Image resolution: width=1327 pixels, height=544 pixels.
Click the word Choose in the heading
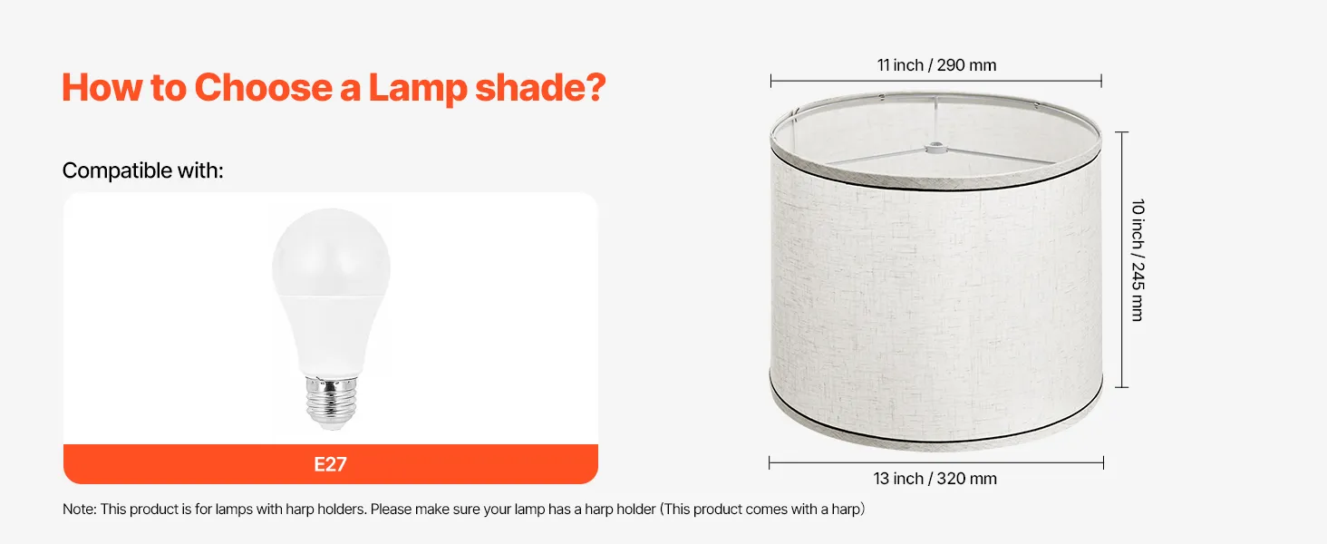click(263, 88)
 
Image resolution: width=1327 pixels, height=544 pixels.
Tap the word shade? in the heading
click(540, 88)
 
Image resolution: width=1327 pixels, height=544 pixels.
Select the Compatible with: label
click(143, 170)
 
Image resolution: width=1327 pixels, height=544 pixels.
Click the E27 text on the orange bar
click(330, 464)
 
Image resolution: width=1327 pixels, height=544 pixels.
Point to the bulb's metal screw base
click(331, 402)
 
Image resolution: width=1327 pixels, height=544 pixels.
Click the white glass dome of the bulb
click(331, 253)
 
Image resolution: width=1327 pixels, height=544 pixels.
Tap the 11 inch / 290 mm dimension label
click(936, 65)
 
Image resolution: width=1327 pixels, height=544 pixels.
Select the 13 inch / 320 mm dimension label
click(935, 478)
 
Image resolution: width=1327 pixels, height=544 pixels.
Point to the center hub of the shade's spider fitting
click(935, 147)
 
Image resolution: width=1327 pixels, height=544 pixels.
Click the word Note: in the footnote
click(80, 509)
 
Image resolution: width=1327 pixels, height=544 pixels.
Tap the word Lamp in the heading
click(418, 89)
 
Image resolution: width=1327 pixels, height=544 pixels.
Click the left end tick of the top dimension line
click(770, 81)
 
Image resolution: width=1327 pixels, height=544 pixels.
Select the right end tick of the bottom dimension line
click(1103, 462)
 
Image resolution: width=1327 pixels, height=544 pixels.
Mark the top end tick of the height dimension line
click(1121, 132)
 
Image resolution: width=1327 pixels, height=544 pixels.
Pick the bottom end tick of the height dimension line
click(1121, 387)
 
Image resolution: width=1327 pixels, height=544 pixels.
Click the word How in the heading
click(102, 88)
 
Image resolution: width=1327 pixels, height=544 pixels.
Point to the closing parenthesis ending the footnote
click(862, 509)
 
